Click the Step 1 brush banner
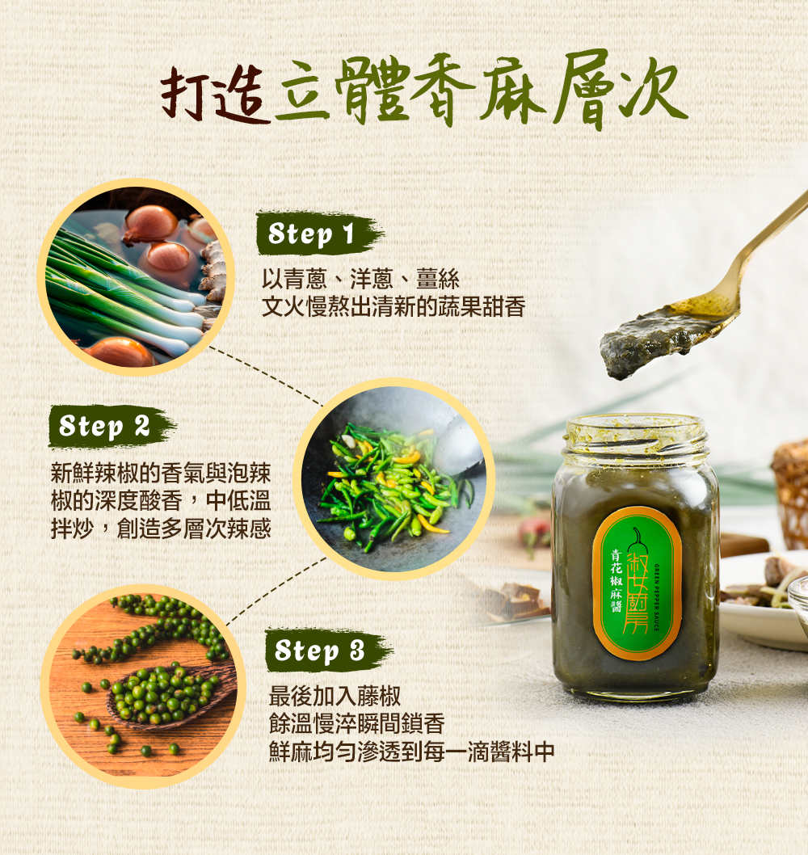[319, 234]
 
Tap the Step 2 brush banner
[112, 426]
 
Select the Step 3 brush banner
[328, 651]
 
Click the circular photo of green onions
[136, 277]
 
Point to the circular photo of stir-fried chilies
[393, 478]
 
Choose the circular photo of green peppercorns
[143, 687]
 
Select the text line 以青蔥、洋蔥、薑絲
[360, 279]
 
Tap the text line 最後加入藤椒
[335, 696]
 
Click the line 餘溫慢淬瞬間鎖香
[356, 724]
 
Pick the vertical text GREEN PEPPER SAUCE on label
[656, 597]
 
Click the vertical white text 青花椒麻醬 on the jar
[616, 580]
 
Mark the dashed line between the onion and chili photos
[266, 375]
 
